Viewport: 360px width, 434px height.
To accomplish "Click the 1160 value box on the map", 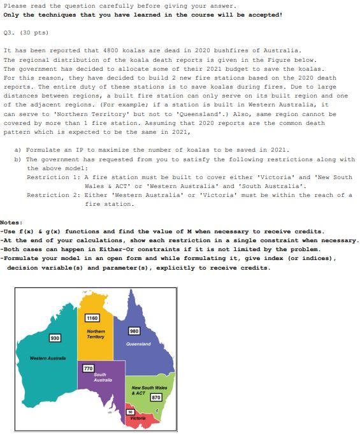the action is tap(92, 318).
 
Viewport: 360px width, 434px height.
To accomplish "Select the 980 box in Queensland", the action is tap(134, 331).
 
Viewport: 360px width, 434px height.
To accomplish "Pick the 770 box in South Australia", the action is tap(89, 368).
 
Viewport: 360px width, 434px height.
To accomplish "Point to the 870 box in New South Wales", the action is tap(156, 397).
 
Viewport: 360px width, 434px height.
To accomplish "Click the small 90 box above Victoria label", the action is tap(130, 412).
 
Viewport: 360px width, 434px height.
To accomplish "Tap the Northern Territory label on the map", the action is tap(96, 333).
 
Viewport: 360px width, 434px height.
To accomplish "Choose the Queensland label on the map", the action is tap(139, 344).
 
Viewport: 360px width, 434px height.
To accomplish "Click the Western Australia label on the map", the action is tap(48, 358).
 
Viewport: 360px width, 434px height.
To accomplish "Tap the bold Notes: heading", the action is tap(11, 222).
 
